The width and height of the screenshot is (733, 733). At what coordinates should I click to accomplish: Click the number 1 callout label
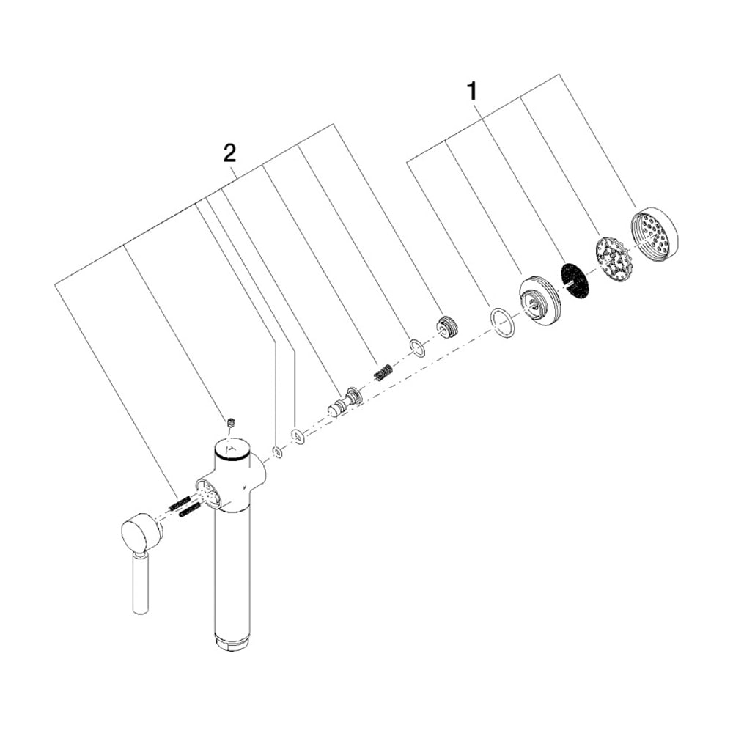473,92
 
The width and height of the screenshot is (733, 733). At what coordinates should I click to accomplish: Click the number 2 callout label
230,153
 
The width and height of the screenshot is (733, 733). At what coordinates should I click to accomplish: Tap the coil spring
383,361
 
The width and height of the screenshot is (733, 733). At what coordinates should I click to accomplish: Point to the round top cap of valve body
232,449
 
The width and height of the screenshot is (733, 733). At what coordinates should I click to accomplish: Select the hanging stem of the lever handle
141,582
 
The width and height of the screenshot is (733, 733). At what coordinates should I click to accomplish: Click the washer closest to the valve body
278,452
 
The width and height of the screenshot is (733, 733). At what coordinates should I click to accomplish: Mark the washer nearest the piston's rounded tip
298,436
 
